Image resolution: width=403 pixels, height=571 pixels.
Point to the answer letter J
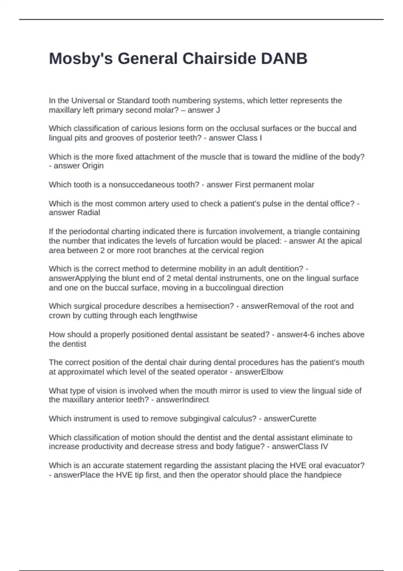[x=218, y=110]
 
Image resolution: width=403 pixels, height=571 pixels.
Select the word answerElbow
[x=259, y=372]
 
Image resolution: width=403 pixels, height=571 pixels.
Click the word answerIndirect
[x=182, y=400]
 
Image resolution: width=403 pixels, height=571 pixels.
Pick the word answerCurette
[x=290, y=419]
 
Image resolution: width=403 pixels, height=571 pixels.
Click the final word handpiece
[x=323, y=475]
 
